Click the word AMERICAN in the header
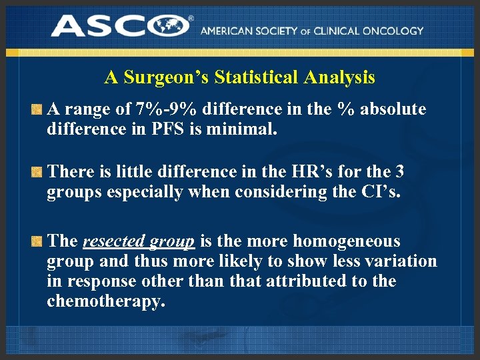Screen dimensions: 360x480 click(x=225, y=31)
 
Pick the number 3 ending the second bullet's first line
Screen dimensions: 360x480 click(x=399, y=172)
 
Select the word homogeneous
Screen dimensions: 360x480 click(x=347, y=241)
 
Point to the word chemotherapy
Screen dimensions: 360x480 click(x=105, y=301)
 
